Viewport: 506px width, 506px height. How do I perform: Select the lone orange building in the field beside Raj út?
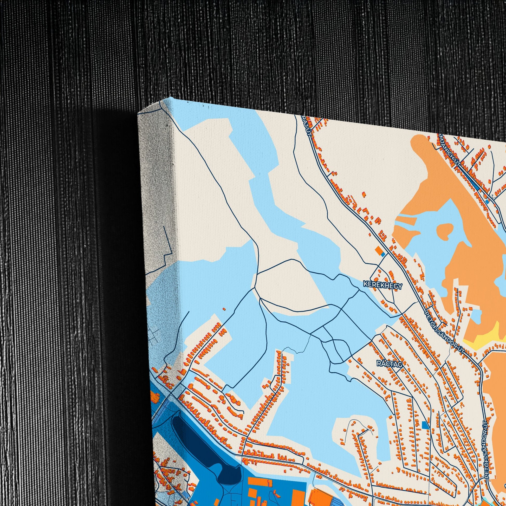[364, 194]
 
